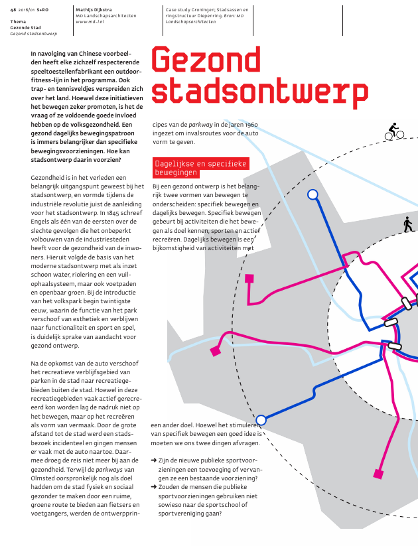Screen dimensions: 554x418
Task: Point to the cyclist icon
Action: pos(394,131)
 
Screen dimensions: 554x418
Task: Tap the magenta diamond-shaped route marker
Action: pos(215,351)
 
